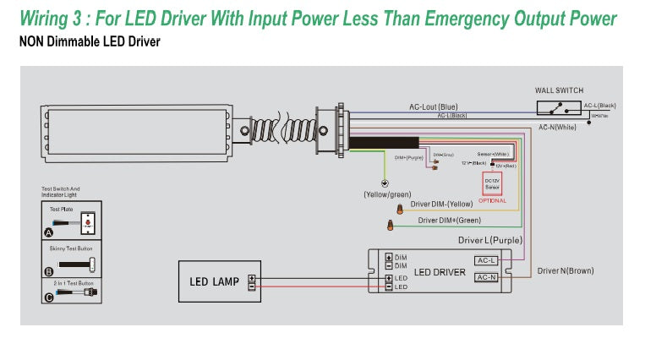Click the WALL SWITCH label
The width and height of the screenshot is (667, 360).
[x=559, y=90]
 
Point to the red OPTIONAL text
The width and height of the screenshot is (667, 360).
[x=492, y=200]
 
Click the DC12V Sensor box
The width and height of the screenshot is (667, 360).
[x=492, y=183]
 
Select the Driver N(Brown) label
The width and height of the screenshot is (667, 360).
[x=566, y=270]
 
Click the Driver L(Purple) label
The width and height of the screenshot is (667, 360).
[x=490, y=241]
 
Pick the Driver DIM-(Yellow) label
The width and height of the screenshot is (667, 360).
[x=441, y=204]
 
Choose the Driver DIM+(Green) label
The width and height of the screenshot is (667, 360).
[x=450, y=221]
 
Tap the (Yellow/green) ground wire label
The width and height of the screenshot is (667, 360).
[x=386, y=194]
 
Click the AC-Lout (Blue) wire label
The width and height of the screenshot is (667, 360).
[x=434, y=106]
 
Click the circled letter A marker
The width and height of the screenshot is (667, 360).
[x=48, y=232]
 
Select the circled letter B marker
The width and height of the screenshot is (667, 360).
[x=48, y=270]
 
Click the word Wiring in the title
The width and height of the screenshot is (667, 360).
[x=48, y=19]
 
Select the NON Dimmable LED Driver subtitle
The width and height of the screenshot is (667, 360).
[x=90, y=41]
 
